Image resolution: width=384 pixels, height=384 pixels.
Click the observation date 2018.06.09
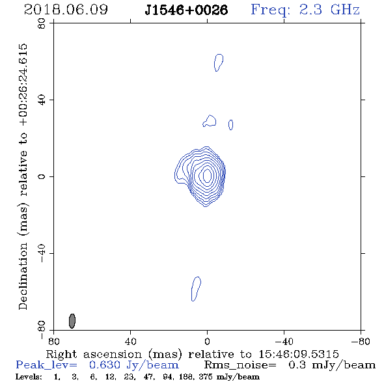[x=66, y=10]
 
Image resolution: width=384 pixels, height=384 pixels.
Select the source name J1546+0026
[x=186, y=10]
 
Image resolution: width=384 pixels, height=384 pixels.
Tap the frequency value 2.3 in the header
[x=310, y=10]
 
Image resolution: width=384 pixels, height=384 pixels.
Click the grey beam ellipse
[x=72, y=321]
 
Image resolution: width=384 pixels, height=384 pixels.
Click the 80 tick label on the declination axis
[x=42, y=23]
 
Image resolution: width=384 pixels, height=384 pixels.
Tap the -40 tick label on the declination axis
[x=42, y=253]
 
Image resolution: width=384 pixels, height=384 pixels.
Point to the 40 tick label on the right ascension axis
[x=130, y=342]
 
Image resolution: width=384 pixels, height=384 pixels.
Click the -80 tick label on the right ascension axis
[x=361, y=342]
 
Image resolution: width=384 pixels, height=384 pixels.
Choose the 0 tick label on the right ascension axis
[x=207, y=342]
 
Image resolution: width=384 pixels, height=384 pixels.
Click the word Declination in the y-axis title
[x=23, y=276]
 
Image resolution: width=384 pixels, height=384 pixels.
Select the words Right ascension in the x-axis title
[x=94, y=354]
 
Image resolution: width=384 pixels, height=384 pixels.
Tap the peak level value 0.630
[x=105, y=365]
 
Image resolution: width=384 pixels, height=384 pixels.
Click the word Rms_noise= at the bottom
[x=240, y=365]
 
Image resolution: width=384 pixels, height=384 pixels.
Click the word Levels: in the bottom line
[x=29, y=377]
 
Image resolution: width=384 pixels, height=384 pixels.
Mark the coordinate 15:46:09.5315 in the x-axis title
[x=299, y=354]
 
